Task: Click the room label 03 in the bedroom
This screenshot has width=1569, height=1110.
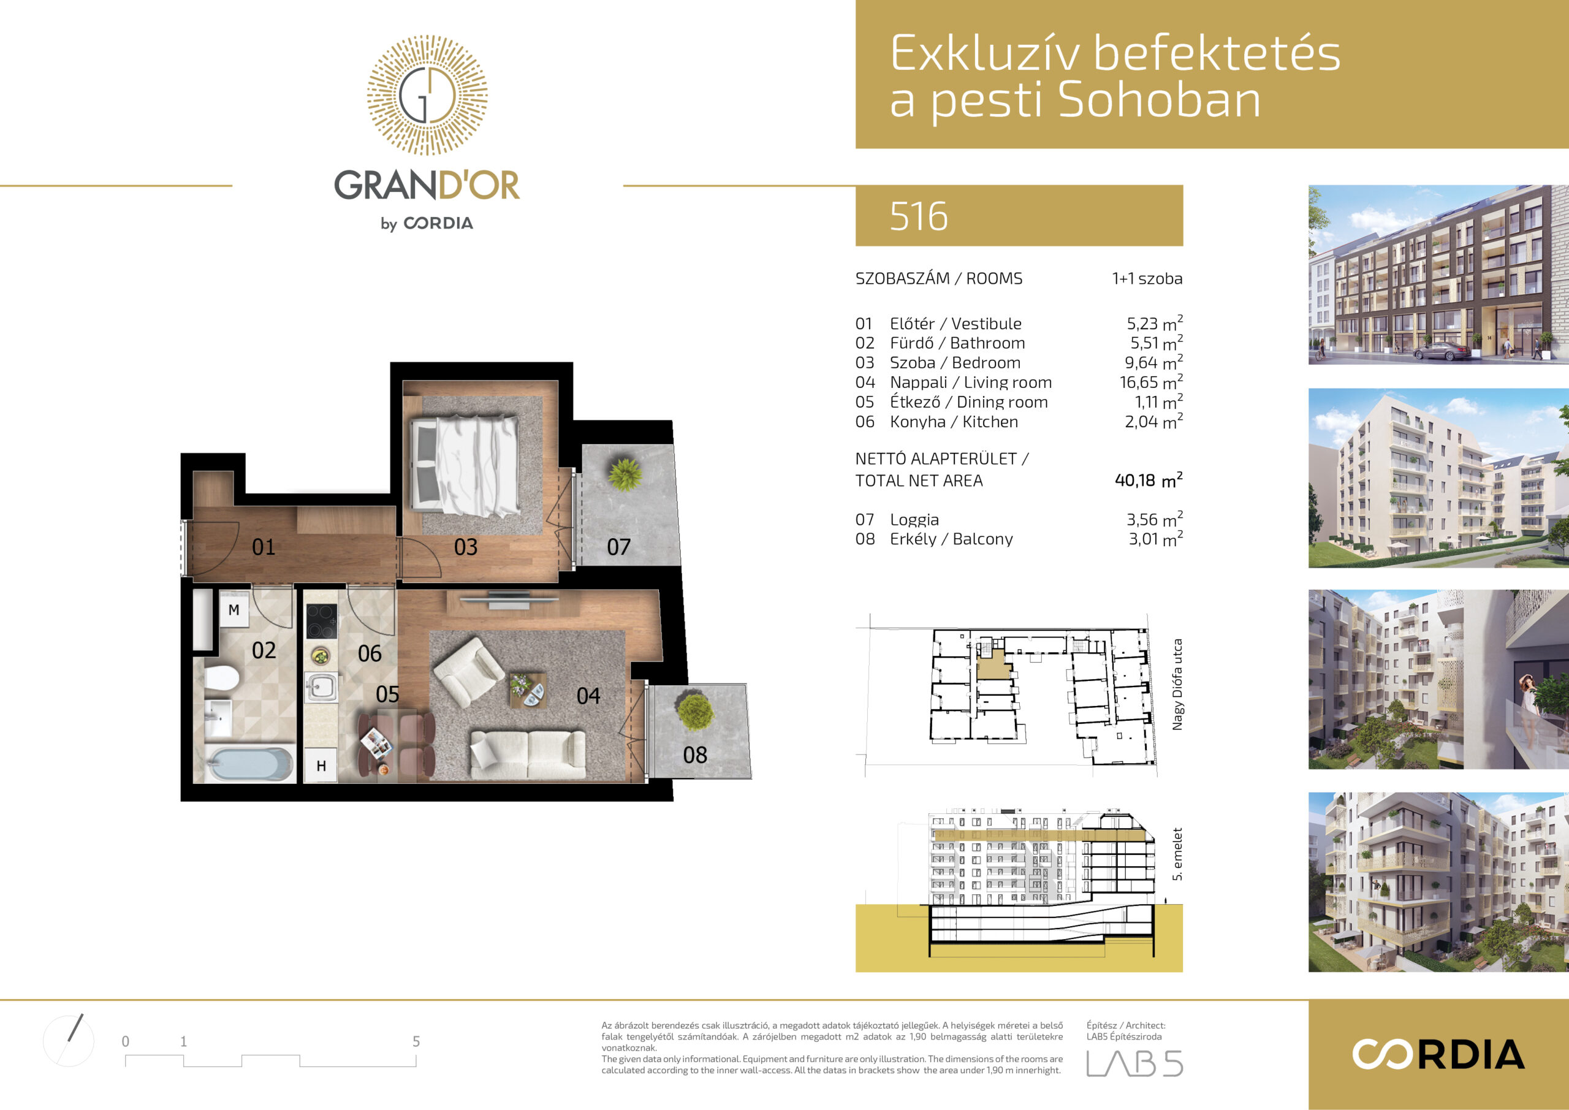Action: point(465,547)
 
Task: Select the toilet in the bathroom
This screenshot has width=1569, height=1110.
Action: point(222,679)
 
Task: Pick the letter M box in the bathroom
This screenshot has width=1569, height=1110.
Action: point(234,610)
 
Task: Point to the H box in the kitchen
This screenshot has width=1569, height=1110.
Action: point(321,766)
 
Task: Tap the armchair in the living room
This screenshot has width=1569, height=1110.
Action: point(469,671)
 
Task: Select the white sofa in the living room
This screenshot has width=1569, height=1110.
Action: point(528,755)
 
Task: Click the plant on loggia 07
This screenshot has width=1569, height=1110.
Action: point(624,474)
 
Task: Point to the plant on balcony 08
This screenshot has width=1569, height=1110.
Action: point(695,712)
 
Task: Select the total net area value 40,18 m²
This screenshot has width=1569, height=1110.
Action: point(1148,480)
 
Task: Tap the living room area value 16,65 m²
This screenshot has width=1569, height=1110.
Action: point(1151,382)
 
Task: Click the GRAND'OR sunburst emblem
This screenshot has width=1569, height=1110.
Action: point(427,95)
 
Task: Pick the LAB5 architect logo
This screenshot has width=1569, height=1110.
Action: point(1134,1063)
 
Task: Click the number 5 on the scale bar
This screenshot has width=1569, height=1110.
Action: point(416,1041)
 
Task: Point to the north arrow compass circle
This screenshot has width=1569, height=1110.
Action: point(68,1041)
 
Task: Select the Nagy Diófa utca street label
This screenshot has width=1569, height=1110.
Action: point(1177,685)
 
